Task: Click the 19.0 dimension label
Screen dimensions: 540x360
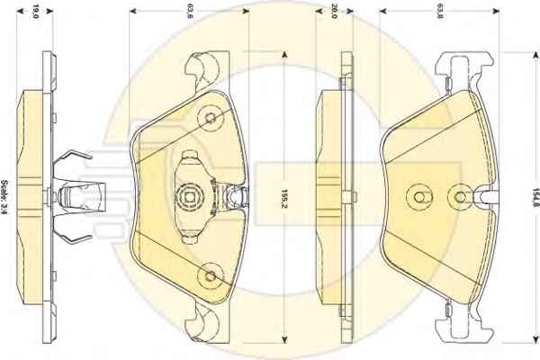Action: tap(35, 12)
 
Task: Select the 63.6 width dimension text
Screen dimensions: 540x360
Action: tap(189, 12)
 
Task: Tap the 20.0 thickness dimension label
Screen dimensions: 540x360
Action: tap(334, 12)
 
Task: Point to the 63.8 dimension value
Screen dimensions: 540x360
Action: tap(440, 12)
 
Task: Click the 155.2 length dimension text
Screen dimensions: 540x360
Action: tap(284, 199)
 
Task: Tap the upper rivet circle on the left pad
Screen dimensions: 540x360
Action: tap(211, 118)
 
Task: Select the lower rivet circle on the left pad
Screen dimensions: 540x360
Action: tap(211, 275)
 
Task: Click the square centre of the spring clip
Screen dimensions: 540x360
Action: tap(189, 197)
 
